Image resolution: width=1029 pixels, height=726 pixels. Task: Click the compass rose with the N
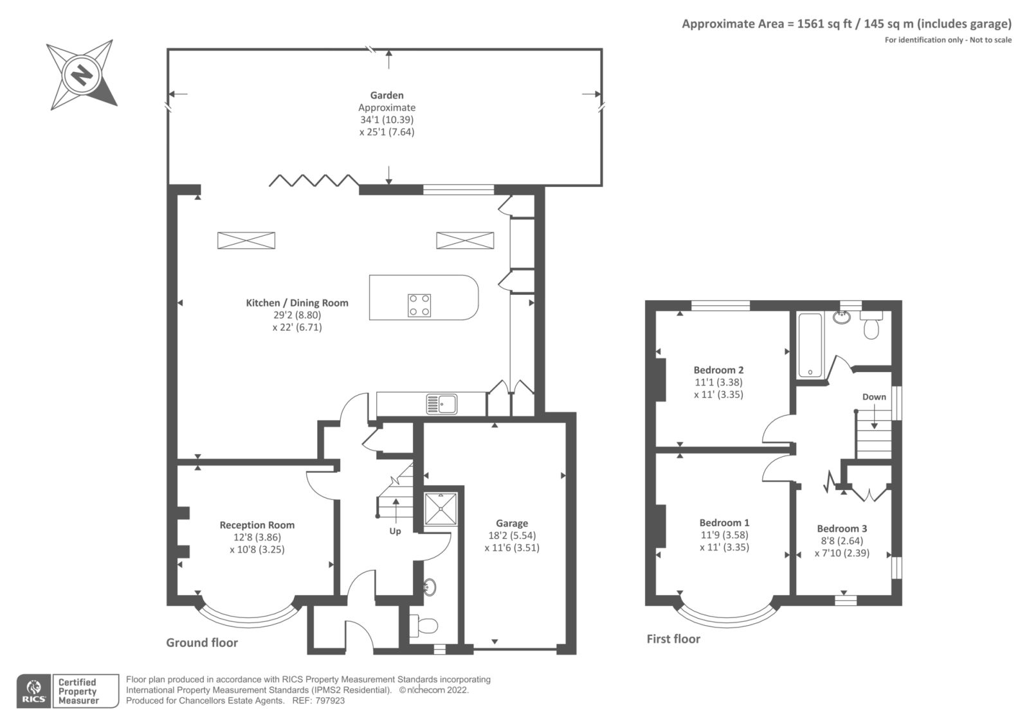[82, 76]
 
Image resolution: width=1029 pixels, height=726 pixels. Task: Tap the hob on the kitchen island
[419, 305]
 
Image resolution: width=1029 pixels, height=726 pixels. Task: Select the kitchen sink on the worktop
[441, 404]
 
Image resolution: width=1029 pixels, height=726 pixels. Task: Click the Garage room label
[512, 523]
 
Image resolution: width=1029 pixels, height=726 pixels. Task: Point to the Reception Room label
[257, 525]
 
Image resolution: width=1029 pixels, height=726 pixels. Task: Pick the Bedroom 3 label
[842, 528]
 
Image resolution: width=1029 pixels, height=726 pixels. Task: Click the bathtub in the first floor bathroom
[810, 345]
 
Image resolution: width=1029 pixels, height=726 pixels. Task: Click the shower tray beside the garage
[441, 509]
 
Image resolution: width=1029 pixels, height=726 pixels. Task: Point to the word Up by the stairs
[395, 531]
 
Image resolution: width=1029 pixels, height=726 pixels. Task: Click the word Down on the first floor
[874, 396]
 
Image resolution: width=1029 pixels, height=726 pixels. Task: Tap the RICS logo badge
[33, 691]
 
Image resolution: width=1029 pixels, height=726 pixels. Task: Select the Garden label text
[387, 95]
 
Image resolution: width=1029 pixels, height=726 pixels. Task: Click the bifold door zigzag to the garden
[313, 181]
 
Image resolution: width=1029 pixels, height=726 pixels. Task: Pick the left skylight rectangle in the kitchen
[246, 240]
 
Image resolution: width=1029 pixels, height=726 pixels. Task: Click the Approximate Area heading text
[846, 24]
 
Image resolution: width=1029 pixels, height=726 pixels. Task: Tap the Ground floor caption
[202, 642]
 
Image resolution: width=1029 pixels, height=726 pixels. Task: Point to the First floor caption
[673, 639]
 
